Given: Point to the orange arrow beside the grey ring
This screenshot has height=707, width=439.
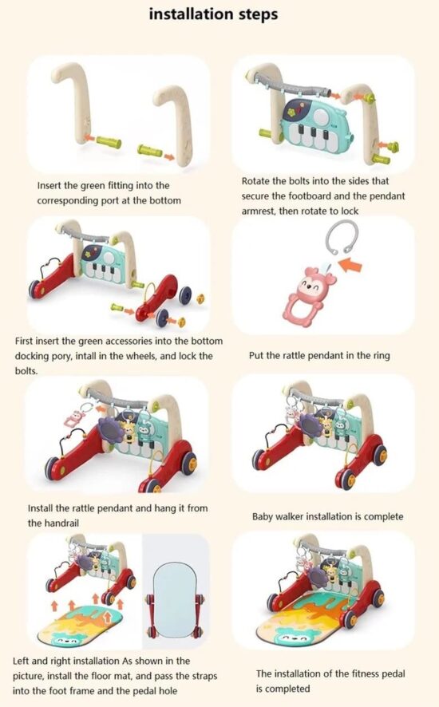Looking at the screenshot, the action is (350, 265).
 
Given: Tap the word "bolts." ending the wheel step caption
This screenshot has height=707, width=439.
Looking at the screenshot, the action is (26, 370).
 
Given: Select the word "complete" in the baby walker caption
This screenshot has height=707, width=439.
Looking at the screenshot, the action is (383, 517).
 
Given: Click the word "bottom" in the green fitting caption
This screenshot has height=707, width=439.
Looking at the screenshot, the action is (165, 200).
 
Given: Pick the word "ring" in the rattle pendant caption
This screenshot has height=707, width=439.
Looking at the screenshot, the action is (382, 356).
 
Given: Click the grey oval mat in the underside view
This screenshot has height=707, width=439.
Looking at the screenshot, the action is (174, 598).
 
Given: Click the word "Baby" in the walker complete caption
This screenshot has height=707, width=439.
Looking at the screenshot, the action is (262, 516).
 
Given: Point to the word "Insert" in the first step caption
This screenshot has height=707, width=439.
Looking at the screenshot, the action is (49, 185).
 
